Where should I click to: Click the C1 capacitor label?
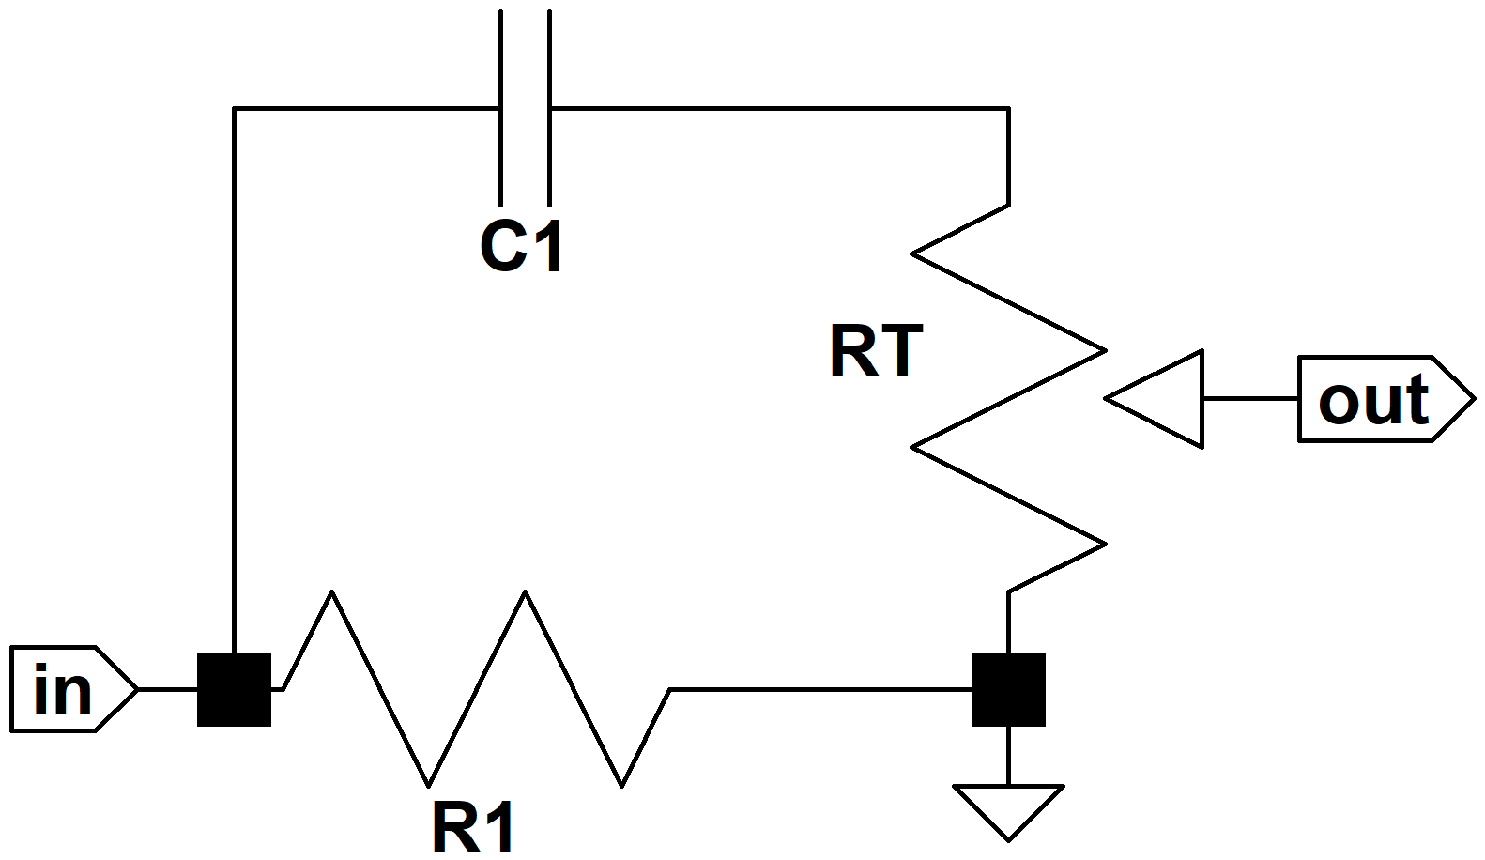pyautogui.click(x=521, y=246)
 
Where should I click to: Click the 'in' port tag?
pyautogui.click(x=74, y=689)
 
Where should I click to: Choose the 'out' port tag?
pyautogui.click(x=1386, y=398)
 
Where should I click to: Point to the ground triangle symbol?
pyautogui.click(x=1008, y=813)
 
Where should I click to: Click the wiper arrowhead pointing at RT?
pyautogui.click(x=1155, y=398)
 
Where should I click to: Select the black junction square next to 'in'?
pyautogui.click(x=234, y=689)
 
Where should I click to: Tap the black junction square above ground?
pyautogui.click(x=1008, y=689)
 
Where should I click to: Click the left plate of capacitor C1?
pyautogui.click(x=500, y=107)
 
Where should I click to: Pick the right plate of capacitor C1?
pyautogui.click(x=549, y=107)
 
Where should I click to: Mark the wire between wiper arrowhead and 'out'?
pyautogui.click(x=1251, y=398)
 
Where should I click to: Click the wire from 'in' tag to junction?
pyautogui.click(x=168, y=689)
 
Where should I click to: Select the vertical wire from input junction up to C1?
pyautogui.click(x=234, y=380)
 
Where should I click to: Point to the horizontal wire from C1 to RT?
pyautogui.click(x=780, y=107)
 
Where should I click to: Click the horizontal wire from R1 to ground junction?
pyautogui.click(x=820, y=689)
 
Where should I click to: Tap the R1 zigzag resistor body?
pyautogui.click(x=477, y=689)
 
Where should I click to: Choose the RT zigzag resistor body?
pyautogui.click(x=1008, y=398)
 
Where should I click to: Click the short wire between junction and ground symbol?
pyautogui.click(x=1008, y=756)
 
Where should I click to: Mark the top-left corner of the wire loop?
pyautogui.click(x=234, y=107)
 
